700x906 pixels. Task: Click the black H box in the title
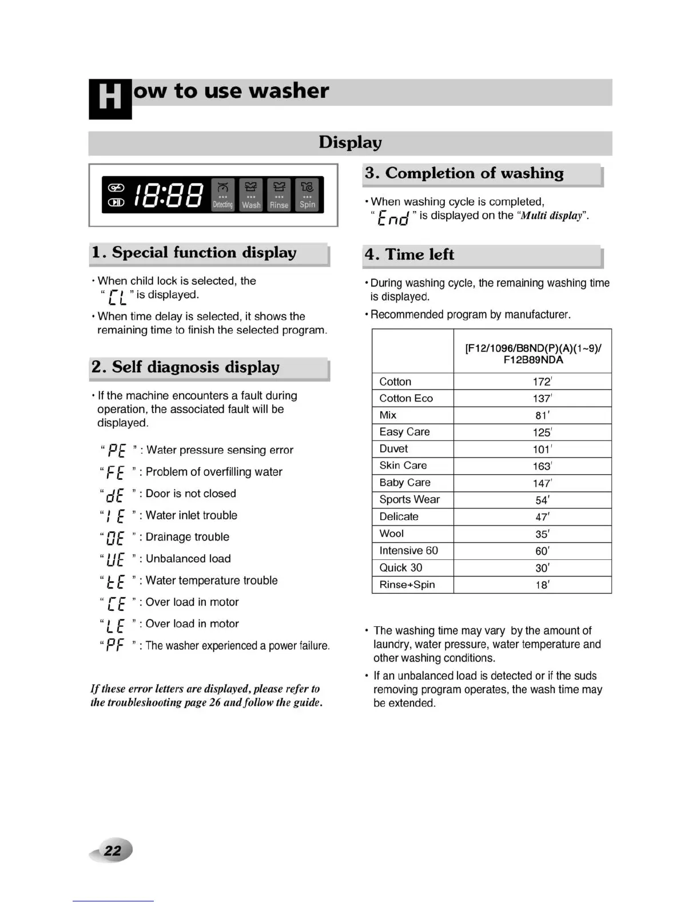coord(110,98)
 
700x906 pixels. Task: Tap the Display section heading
coord(350,142)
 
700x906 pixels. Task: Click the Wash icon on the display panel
coord(251,195)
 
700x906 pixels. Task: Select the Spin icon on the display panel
coord(307,195)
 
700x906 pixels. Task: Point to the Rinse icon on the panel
coord(279,195)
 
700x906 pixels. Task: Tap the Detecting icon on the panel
coord(223,195)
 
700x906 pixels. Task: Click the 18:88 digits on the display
coord(168,195)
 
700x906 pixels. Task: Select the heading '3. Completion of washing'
coord(464,173)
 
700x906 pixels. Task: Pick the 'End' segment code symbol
coord(393,218)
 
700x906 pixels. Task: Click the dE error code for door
coord(115,495)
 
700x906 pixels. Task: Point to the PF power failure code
coord(115,646)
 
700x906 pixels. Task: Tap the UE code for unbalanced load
coord(115,559)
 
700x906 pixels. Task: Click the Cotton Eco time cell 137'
coord(542,399)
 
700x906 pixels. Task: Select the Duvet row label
coord(394,449)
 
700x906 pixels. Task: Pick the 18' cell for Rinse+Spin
coord(542,585)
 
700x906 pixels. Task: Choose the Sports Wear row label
coord(409,499)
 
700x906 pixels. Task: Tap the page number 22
coord(113,851)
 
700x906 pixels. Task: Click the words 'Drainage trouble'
coord(188,537)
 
